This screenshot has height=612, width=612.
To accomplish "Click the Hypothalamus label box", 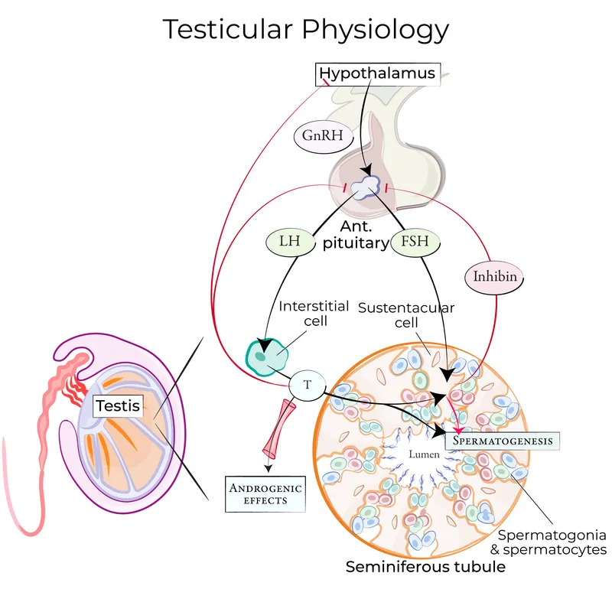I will [378, 74].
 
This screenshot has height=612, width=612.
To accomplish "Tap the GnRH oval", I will [317, 138].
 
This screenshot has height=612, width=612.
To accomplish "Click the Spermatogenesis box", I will [503, 441].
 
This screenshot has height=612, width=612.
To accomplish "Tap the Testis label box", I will [119, 405].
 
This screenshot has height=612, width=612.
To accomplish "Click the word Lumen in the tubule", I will [424, 455].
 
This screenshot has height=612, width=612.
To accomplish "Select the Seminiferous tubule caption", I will [425, 567].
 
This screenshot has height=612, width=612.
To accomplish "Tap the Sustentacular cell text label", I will [406, 315].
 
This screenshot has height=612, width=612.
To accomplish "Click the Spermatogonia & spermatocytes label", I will [552, 542].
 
